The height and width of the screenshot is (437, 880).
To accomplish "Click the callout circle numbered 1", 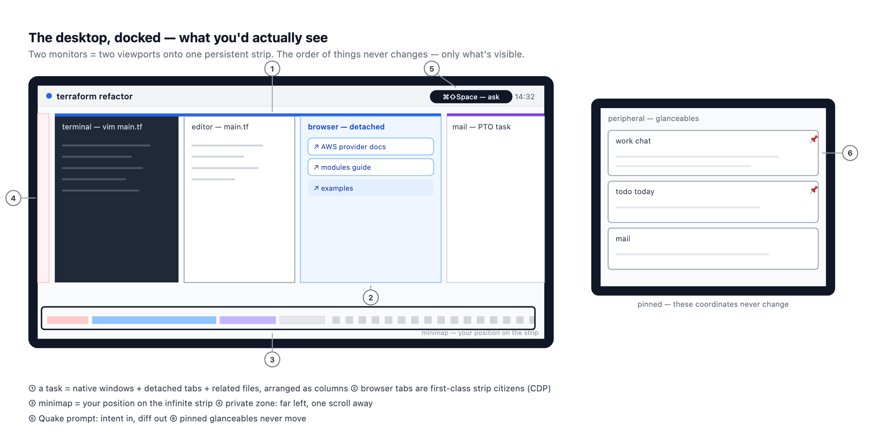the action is (x=272, y=69).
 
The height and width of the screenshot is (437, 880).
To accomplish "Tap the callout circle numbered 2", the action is (x=371, y=298).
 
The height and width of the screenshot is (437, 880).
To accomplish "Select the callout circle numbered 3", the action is (x=272, y=359).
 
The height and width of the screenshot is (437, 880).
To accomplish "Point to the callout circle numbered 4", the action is (x=13, y=198).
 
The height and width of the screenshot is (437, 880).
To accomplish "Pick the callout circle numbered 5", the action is (x=432, y=69).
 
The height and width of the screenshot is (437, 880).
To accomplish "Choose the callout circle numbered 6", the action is (x=850, y=153).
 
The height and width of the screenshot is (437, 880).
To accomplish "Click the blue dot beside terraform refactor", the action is (x=49, y=96).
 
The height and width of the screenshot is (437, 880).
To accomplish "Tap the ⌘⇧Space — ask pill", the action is (x=471, y=97).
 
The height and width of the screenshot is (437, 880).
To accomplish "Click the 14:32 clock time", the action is (x=524, y=97).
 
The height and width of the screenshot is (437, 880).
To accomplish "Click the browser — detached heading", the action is (x=346, y=127).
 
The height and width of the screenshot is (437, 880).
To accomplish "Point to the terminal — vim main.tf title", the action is (x=102, y=127).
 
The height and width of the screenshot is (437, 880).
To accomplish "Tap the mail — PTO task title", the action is (x=481, y=127).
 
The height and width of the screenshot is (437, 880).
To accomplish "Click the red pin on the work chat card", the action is (x=814, y=139).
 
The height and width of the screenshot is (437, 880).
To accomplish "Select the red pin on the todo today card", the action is (x=814, y=190).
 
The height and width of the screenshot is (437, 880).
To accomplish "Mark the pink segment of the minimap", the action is (x=68, y=320).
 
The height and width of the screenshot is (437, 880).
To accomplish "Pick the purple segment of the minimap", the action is (x=248, y=320).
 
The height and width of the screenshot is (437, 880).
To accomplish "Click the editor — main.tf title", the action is (x=220, y=127).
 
